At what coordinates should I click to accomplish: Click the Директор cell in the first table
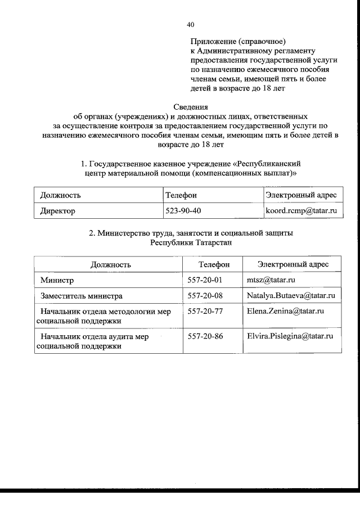(57, 211)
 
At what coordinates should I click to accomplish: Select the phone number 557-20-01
(205, 280)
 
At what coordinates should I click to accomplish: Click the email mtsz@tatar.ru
(271, 280)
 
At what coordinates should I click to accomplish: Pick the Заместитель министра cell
(81, 295)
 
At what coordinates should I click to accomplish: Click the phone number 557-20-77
(205, 310)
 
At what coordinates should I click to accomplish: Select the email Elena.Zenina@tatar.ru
(286, 310)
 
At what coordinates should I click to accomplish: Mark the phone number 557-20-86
(205, 336)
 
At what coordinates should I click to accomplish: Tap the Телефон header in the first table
(181, 195)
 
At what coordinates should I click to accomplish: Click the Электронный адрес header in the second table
(292, 264)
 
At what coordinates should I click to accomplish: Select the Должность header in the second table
(111, 264)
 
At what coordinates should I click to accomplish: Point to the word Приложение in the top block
(213, 42)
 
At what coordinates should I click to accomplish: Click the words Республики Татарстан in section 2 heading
(191, 242)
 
